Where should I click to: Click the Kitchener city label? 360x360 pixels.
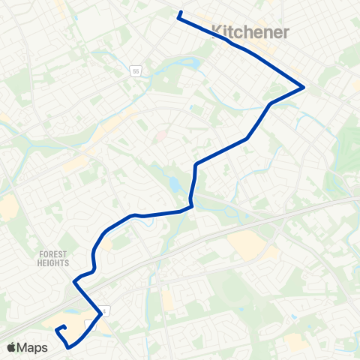[x=240, y=31]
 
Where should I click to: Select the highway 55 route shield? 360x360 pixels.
[x=136, y=71]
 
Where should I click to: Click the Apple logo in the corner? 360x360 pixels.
[x=11, y=347]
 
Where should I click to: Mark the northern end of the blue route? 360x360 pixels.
[x=180, y=12]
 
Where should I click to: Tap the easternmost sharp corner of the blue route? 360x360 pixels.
[x=303, y=87]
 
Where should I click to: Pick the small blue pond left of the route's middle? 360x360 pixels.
[x=174, y=183]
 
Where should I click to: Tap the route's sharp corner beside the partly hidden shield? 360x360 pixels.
[x=101, y=312]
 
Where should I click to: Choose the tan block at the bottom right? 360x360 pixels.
[x=296, y=341]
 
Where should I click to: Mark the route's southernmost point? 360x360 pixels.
[x=70, y=348]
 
